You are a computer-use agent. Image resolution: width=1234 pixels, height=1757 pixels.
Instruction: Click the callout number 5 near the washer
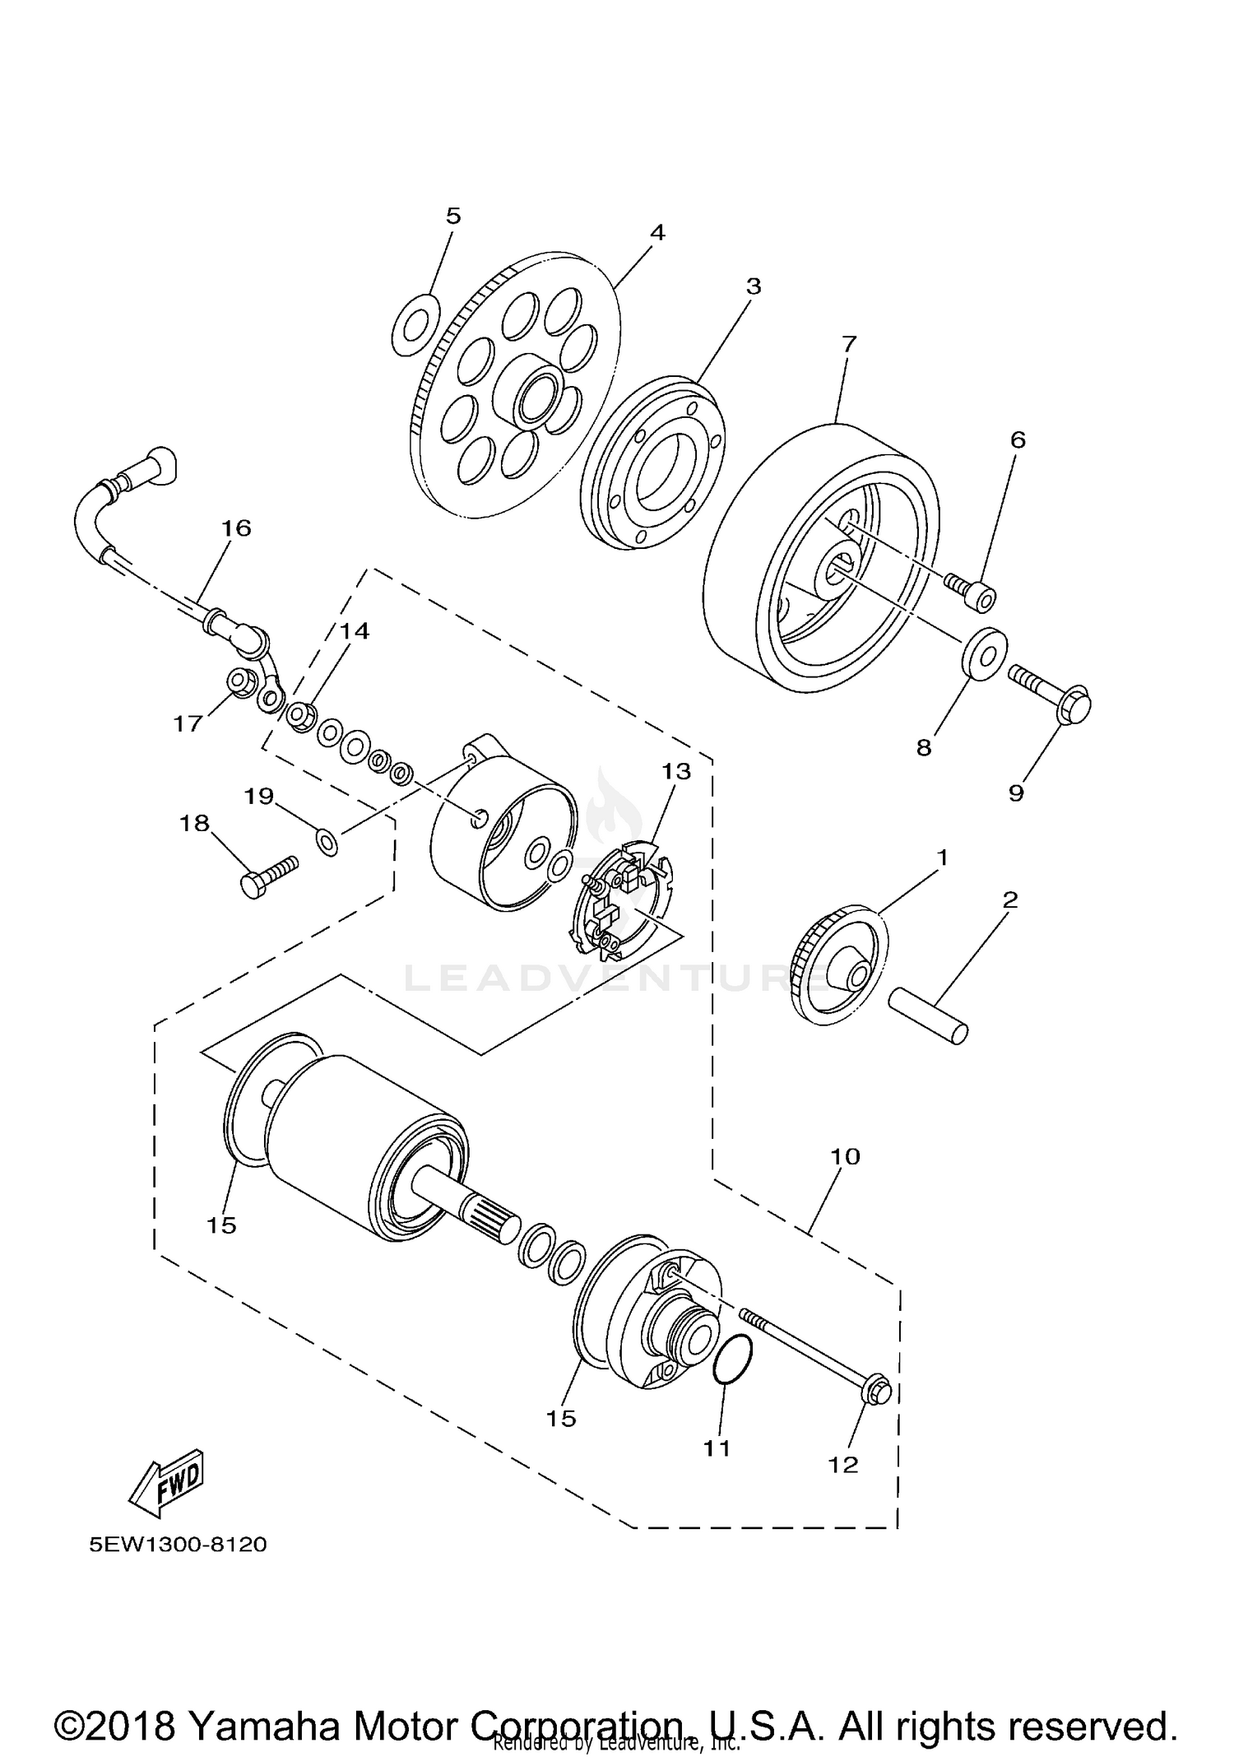pos(453,216)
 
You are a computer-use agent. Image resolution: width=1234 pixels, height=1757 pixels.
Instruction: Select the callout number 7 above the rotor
pos(849,343)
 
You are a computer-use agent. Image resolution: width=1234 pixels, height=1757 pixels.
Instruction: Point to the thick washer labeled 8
pos(985,655)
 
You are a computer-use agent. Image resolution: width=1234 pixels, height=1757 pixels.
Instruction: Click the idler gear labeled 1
pos(842,964)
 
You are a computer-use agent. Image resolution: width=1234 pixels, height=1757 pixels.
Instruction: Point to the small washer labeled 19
pos(327,843)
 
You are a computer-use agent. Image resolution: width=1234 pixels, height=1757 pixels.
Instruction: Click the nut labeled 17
pos(239,682)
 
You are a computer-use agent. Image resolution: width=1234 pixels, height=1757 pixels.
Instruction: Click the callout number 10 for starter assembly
pos(845,1156)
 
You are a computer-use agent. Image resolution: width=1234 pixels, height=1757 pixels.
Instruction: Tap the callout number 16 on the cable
pos(237,528)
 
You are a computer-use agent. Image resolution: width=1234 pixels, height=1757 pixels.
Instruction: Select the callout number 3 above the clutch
pos(754,286)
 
